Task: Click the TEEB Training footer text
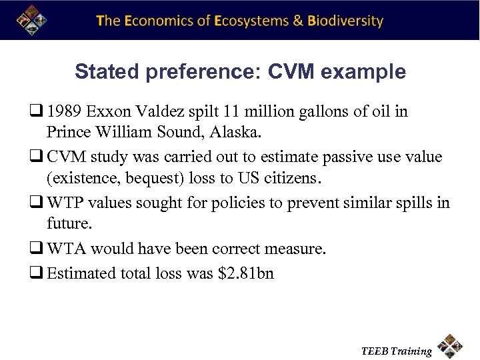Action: click(396, 351)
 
